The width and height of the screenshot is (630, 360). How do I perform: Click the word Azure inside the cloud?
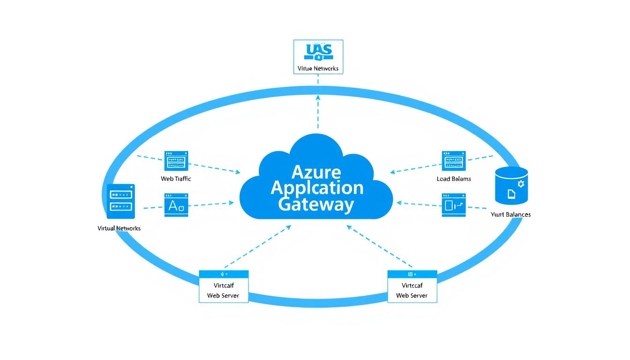tap(316, 172)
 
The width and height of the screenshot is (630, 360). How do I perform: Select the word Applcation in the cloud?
tap(317, 188)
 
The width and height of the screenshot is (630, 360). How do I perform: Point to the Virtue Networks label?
tap(318, 68)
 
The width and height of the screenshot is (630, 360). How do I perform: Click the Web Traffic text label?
tap(176, 179)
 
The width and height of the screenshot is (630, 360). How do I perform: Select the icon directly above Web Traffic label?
tap(176, 161)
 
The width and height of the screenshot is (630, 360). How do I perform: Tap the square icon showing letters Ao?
tap(176, 205)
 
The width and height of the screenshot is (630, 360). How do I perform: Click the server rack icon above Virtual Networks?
tap(121, 201)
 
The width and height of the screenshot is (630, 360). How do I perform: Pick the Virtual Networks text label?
tap(119, 228)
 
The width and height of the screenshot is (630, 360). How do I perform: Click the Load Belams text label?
tap(453, 179)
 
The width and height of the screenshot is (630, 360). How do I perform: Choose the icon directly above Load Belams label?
tap(454, 161)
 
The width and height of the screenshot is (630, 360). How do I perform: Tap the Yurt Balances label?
tap(510, 214)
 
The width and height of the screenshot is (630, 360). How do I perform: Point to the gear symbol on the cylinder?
tap(520, 184)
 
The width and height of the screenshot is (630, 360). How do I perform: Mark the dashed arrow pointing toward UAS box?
tap(318, 110)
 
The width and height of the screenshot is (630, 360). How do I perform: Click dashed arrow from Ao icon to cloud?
tap(211, 204)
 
